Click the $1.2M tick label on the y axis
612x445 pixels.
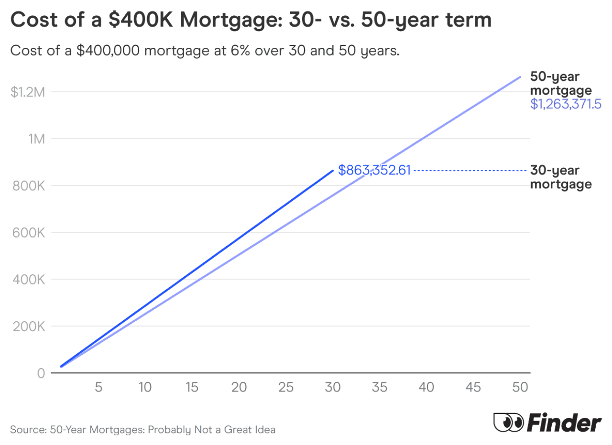[x=27, y=92]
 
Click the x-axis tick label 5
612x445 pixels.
[x=98, y=387]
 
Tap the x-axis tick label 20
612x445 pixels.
[x=239, y=387]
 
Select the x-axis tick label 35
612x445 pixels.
[x=380, y=387]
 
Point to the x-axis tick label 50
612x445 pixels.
[x=520, y=387]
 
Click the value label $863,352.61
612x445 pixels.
[x=374, y=170]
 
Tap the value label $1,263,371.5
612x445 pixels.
[x=565, y=104]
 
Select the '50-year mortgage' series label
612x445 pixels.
[x=561, y=84]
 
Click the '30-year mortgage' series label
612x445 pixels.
[x=561, y=177]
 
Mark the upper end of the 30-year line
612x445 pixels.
[x=332, y=170]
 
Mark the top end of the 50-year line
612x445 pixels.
[x=520, y=76]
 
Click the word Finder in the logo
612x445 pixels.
[x=564, y=423]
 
